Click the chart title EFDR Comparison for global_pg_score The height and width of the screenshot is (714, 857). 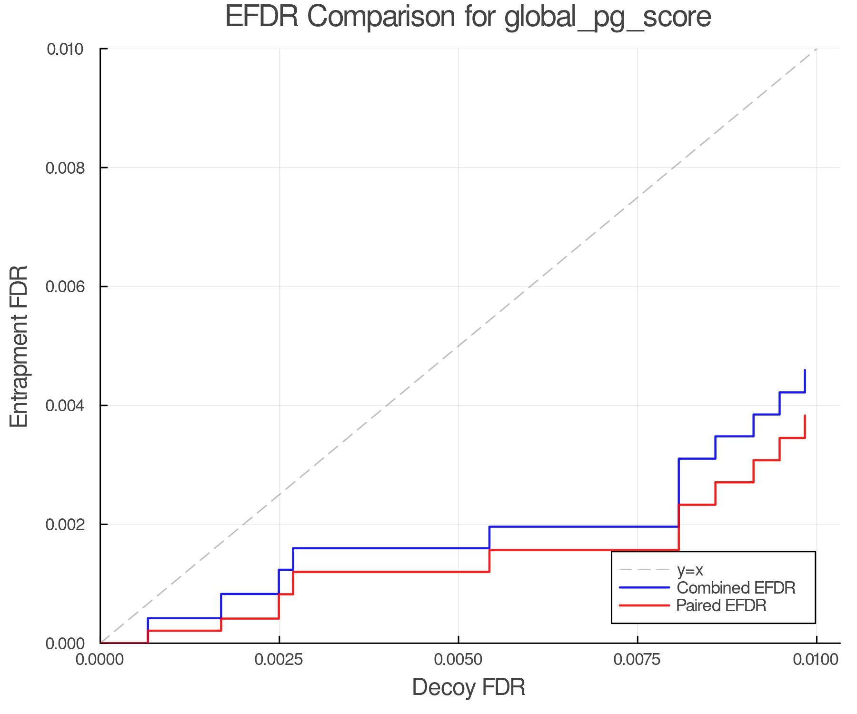coord(468,17)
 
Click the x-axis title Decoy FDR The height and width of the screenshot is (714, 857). coord(468,687)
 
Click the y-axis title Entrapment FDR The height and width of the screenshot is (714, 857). coord(20,346)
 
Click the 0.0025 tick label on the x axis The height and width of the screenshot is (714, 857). coord(279,660)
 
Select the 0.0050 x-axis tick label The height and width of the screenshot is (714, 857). coord(458,660)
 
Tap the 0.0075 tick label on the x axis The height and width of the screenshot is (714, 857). coord(637,660)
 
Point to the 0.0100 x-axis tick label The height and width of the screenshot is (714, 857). coord(816,660)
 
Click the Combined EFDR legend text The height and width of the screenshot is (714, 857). coord(736,588)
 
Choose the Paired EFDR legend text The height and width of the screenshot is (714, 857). coord(721,605)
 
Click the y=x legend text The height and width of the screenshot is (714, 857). coord(690,570)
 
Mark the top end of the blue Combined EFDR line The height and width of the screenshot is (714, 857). coord(805,370)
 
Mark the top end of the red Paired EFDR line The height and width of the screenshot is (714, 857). coord(805,416)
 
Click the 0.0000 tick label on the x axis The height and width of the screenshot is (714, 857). coord(100,660)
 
